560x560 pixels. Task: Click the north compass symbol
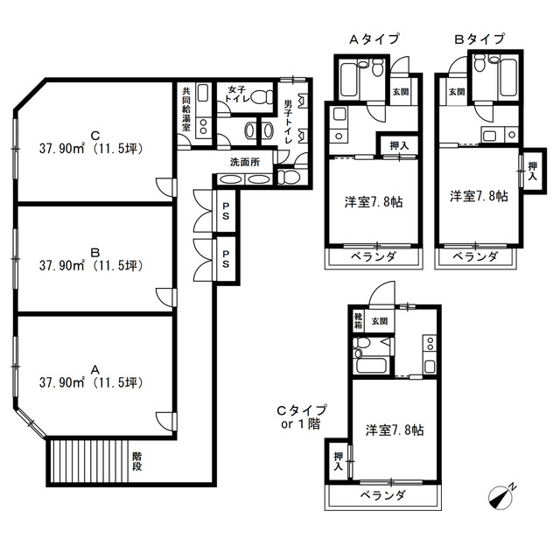pyautogui.click(x=501, y=497)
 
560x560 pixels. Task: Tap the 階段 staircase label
pyautogui.click(x=137, y=461)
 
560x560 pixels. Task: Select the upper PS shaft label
pyautogui.click(x=226, y=211)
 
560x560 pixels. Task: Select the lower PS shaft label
pyautogui.click(x=226, y=259)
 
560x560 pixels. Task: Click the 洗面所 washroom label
pyautogui.click(x=245, y=162)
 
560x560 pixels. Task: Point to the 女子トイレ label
pyautogui.click(x=236, y=94)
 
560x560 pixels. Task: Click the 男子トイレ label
pyautogui.click(x=288, y=122)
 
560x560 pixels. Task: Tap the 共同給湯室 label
pyautogui.click(x=186, y=108)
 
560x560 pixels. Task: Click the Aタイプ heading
pyautogui.click(x=374, y=38)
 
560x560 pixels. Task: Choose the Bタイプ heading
pyautogui.click(x=479, y=38)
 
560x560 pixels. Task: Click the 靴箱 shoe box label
pyautogui.click(x=358, y=321)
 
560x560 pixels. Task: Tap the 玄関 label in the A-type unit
pyautogui.click(x=401, y=92)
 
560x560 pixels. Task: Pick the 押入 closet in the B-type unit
pyautogui.click(x=533, y=171)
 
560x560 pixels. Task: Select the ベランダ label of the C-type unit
pyautogui.click(x=383, y=495)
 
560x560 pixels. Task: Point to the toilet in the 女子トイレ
pyautogui.click(x=262, y=97)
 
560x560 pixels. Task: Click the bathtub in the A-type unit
pyautogui.click(x=348, y=80)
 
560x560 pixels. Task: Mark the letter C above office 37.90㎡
pyautogui.click(x=95, y=136)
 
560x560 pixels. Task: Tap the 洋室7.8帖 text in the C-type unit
pyautogui.click(x=395, y=430)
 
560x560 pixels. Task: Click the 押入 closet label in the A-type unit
pyautogui.click(x=399, y=146)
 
